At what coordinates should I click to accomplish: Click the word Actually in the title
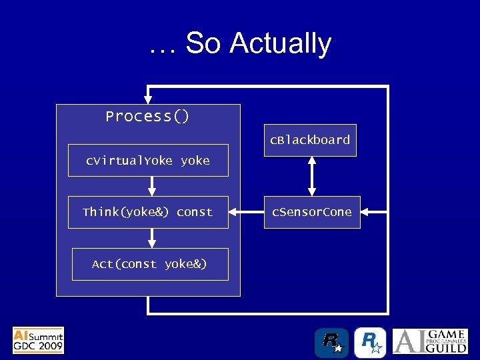coord(280,44)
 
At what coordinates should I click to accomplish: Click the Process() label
coord(147,117)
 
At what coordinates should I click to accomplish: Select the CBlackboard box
coord(310,140)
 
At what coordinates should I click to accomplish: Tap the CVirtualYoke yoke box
coord(148,161)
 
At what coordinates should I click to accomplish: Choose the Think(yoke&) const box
coord(148,212)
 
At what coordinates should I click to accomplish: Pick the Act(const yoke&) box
coord(150,264)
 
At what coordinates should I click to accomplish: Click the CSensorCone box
coord(311,212)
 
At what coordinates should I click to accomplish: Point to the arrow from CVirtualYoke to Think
coord(152,186)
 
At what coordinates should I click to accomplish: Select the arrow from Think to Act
coord(152,238)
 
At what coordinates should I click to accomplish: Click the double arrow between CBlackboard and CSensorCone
coord(311,176)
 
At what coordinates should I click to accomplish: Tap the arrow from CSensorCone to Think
coord(246,212)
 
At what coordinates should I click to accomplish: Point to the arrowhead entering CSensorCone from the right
coord(366,212)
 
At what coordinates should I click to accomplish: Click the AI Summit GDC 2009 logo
coord(39,340)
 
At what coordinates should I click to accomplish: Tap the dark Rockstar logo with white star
coord(331,343)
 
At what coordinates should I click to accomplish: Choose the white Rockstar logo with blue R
coord(369,343)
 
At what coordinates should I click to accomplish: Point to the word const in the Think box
coord(195,212)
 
